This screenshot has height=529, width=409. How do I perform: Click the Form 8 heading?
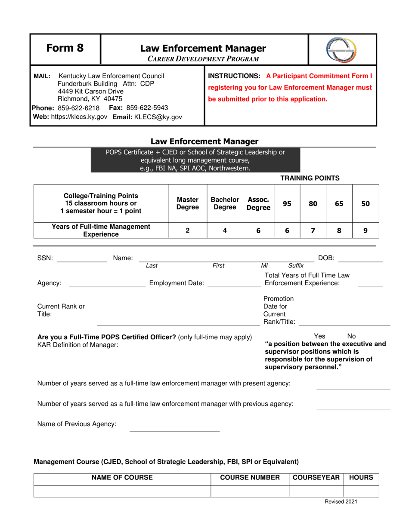(65, 48)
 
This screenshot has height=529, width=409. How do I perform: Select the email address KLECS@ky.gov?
(148, 117)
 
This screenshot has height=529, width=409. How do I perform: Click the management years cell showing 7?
(313, 230)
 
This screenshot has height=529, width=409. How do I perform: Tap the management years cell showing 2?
(187, 230)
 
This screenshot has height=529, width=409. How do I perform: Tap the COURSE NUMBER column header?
(250, 477)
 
